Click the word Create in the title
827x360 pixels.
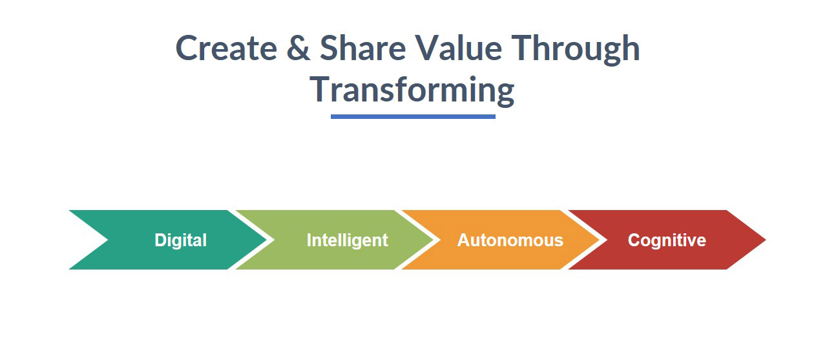click(226, 48)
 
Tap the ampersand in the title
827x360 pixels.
click(298, 48)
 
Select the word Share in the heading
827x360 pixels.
click(363, 47)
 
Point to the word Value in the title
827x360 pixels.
click(458, 47)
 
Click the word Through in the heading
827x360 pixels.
click(576, 50)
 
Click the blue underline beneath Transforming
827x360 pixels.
click(413, 117)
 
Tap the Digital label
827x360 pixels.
click(180, 240)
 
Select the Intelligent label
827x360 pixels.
click(348, 240)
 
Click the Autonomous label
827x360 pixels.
click(510, 240)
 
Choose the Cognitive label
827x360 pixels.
click(667, 240)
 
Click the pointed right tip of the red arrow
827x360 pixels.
click(766, 240)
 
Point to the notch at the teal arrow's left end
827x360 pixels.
click(107, 240)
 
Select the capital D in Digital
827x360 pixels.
click(161, 240)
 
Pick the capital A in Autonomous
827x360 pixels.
click(465, 240)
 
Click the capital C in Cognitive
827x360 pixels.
click(634, 240)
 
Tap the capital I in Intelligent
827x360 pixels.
click(309, 240)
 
